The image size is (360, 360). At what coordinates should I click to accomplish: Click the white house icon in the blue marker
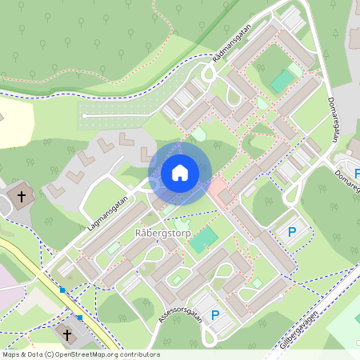[179, 173]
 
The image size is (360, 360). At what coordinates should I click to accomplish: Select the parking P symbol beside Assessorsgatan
[215, 315]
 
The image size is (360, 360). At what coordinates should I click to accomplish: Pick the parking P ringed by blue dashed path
[292, 232]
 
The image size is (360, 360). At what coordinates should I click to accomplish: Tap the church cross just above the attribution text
[67, 334]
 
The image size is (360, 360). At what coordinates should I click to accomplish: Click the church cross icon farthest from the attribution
[22, 194]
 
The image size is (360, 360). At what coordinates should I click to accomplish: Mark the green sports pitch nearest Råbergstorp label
[204, 238]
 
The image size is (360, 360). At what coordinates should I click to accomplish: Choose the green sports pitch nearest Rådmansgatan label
[282, 80]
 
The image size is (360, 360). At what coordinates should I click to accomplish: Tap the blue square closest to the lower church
[80, 317]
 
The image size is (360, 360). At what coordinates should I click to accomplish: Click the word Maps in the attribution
[12, 354]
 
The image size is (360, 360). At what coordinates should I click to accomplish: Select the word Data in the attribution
[36, 354]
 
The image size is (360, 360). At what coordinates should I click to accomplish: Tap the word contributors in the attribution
[142, 354]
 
